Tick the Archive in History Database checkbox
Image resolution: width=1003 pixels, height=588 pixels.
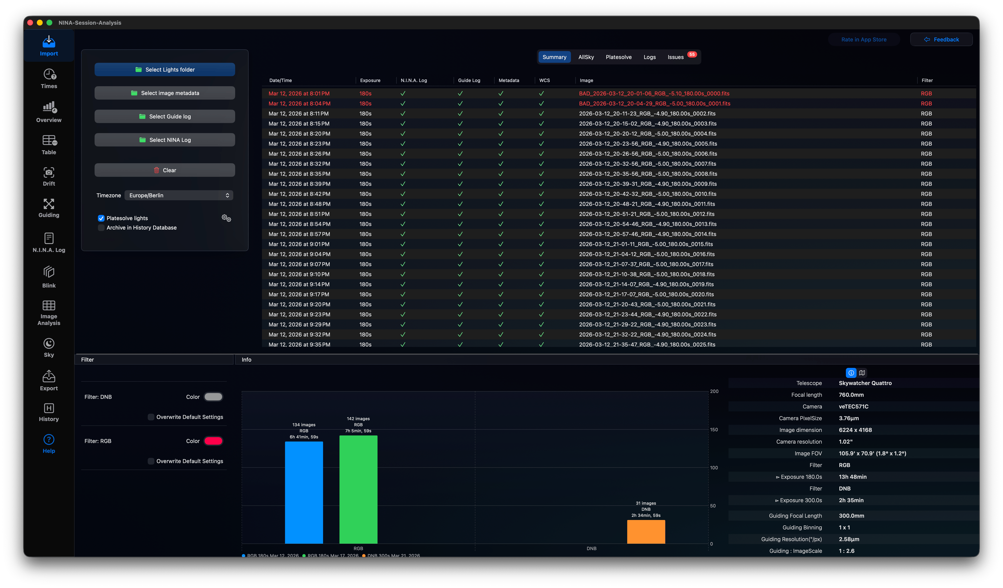(x=101, y=228)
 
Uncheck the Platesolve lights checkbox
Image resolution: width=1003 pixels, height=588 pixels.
(x=101, y=218)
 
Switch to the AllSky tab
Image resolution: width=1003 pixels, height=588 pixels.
(x=586, y=57)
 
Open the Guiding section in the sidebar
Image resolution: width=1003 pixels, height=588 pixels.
(x=49, y=208)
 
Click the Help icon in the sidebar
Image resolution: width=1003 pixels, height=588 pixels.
(x=49, y=443)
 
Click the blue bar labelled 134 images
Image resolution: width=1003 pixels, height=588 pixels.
(x=304, y=492)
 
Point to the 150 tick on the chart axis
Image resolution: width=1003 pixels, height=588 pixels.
(x=714, y=430)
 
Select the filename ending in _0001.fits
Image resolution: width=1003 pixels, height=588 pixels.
(x=654, y=104)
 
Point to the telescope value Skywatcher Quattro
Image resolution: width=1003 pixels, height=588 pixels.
(x=865, y=383)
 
